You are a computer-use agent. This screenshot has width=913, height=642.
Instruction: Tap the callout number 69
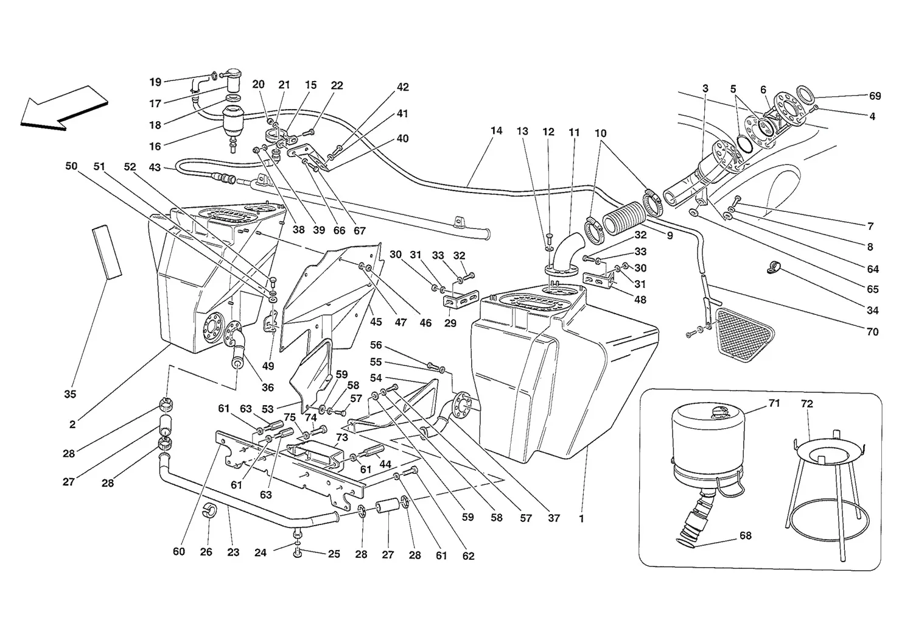pyautogui.click(x=875, y=96)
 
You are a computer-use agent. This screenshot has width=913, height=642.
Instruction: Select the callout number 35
pyautogui.click(x=70, y=394)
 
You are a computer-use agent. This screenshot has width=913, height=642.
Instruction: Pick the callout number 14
pyautogui.click(x=496, y=130)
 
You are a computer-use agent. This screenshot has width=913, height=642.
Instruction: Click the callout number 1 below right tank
pyautogui.click(x=581, y=518)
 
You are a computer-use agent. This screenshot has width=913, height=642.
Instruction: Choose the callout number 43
pyautogui.click(x=155, y=168)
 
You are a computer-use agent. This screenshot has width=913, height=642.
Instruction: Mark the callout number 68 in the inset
pyautogui.click(x=745, y=535)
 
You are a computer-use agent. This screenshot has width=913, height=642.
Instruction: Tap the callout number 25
pyautogui.click(x=334, y=554)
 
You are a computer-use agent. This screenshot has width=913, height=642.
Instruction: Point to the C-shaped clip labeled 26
pyautogui.click(x=209, y=510)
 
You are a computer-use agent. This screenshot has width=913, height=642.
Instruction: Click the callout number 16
pyautogui.click(x=155, y=146)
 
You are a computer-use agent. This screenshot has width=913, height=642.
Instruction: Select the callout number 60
pyautogui.click(x=179, y=551)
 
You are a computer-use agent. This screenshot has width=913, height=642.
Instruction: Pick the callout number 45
pyautogui.click(x=376, y=322)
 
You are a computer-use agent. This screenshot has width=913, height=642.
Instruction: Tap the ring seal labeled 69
pyautogui.click(x=805, y=96)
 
